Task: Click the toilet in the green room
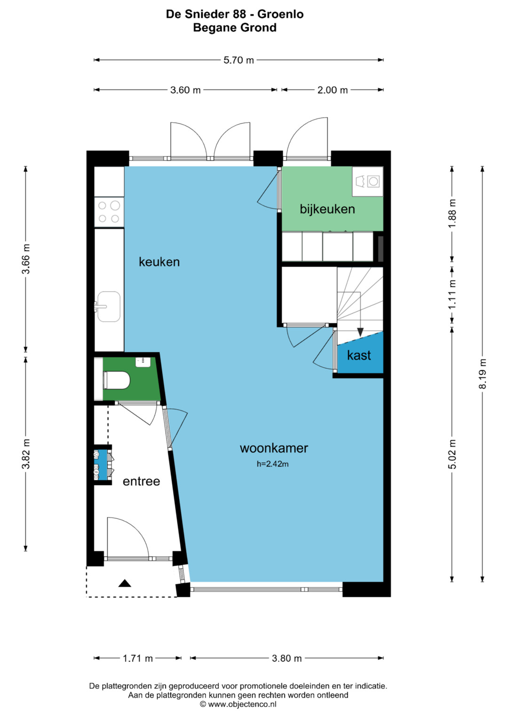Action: coord(117,380)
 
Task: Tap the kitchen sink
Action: coord(108,307)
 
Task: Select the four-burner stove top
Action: coord(109,212)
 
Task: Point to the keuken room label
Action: coord(159,262)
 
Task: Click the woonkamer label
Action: coord(274,448)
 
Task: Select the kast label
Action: coord(359,355)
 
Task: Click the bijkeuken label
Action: coord(327,209)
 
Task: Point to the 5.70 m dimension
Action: coord(238,60)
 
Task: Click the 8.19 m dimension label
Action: coord(482,374)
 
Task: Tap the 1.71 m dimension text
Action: coord(138,658)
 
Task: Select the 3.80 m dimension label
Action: coord(287,658)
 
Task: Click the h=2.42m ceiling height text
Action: coord(273,464)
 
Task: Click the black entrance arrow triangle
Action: coord(125,584)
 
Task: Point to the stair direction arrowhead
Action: coord(360,332)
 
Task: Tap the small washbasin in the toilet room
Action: coord(143,362)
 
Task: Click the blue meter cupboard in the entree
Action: coord(103,465)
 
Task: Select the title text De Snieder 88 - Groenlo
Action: coord(235,14)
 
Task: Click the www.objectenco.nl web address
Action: coord(242,704)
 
